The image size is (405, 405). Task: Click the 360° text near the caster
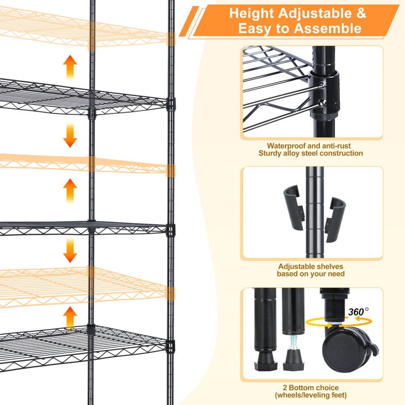358,311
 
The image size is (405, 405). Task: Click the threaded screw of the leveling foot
293,346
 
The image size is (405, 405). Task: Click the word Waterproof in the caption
287,146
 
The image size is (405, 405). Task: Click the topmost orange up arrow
70,67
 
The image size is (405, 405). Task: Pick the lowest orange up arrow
70,318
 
